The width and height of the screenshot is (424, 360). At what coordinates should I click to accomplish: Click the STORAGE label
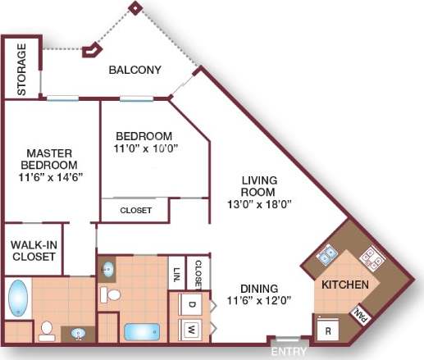21,69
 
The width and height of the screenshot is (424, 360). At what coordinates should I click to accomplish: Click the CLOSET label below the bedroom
135,211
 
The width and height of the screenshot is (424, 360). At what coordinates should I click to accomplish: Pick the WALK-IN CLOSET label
33,251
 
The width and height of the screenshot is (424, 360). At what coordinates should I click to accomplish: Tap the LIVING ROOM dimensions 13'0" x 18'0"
258,203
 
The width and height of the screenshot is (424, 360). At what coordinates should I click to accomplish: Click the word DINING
259,289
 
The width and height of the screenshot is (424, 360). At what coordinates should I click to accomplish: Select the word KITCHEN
344,285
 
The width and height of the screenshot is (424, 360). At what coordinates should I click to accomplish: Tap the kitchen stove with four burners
371,258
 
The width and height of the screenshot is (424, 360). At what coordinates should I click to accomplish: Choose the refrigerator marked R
328,331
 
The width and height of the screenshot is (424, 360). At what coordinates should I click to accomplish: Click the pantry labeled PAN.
360,313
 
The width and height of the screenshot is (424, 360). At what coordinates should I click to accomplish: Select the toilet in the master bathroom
47,330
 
